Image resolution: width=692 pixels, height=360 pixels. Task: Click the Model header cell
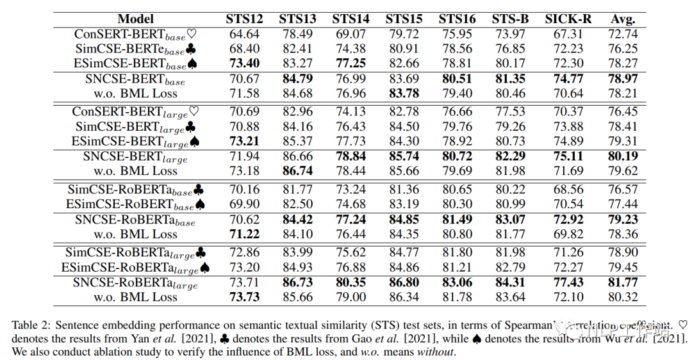coord(136,19)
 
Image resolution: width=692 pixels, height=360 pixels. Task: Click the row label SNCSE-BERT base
coord(135,79)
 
